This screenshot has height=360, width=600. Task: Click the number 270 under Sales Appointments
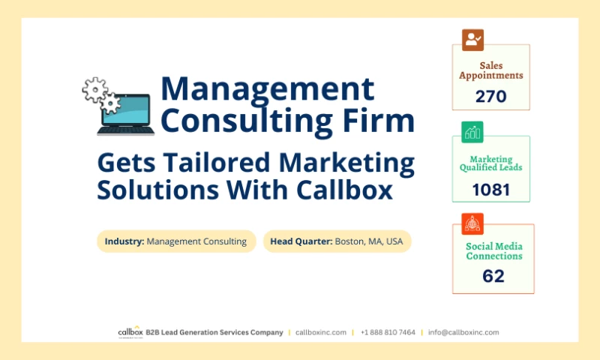[x=491, y=96]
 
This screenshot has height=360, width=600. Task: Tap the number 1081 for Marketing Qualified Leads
[x=491, y=189]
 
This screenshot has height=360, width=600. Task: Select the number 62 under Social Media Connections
[x=493, y=276]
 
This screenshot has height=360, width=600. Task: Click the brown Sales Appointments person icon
[x=472, y=40]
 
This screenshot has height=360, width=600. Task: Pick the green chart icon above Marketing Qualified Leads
[x=472, y=132]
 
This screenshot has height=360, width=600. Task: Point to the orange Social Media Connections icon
[x=472, y=223]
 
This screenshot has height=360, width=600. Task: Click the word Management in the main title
[x=267, y=89]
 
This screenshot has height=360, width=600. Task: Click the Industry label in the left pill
[x=124, y=241]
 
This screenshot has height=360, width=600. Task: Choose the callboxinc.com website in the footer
[x=321, y=332]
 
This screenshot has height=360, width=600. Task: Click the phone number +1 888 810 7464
[x=387, y=332]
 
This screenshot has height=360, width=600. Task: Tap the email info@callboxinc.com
[x=463, y=332]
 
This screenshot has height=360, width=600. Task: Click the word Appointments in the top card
[x=491, y=76]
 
